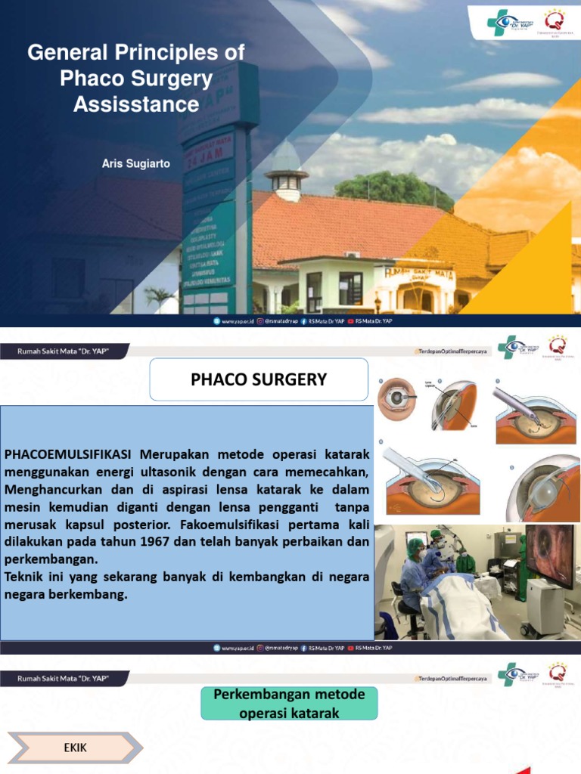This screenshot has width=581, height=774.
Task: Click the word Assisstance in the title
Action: [136, 104]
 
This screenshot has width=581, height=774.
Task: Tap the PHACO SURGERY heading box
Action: [259, 379]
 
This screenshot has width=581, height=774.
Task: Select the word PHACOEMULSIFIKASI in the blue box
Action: [68, 454]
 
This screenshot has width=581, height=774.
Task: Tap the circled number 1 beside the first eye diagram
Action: [381, 382]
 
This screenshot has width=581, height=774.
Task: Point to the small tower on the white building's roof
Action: [286, 178]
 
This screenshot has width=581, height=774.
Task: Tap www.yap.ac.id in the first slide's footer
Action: [234, 321]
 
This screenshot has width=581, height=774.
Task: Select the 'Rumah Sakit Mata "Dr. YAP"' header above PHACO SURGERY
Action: [64, 350]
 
